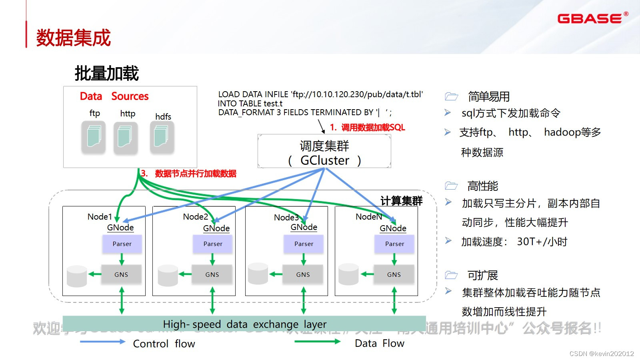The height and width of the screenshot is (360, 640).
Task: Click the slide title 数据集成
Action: point(74,38)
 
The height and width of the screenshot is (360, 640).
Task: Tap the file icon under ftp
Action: point(94,137)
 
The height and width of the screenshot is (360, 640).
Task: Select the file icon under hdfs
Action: point(162,137)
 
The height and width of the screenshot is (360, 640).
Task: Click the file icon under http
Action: point(126,137)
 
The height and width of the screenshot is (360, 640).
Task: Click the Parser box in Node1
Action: point(122,244)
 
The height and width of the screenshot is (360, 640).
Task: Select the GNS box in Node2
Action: point(212,274)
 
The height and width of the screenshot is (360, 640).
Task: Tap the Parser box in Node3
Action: point(304,244)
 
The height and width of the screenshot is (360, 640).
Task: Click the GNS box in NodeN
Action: point(394,274)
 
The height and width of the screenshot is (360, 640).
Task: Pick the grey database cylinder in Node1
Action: point(77,276)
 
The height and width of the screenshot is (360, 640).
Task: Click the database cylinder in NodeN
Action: point(348,274)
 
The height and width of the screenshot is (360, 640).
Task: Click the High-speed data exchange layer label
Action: point(244,324)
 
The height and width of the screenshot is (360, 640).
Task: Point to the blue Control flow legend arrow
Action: point(102,342)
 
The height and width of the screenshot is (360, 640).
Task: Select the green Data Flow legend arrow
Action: point(317,342)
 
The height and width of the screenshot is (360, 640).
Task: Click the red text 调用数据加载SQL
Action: point(373,128)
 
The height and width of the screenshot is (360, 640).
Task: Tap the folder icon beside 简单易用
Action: point(451,96)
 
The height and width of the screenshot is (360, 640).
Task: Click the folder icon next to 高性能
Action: point(451,186)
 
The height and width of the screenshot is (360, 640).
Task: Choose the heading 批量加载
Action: point(107,74)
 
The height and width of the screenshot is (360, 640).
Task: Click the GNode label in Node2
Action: point(216,228)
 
